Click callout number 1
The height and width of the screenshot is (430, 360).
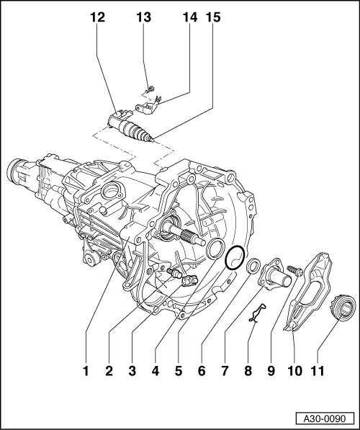[x=85, y=372]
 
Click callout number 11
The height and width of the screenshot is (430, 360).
[x=318, y=372]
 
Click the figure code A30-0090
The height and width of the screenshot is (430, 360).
[x=327, y=418]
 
